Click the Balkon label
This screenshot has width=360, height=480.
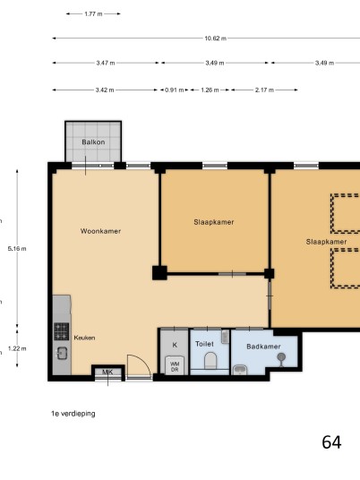[x=93, y=142]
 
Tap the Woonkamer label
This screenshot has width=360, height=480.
[x=100, y=231]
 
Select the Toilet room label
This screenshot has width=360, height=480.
[x=204, y=344]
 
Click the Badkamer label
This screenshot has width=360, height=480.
[x=263, y=347]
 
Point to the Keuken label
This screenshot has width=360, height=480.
[x=84, y=338]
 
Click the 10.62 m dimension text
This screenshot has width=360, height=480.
[x=216, y=39]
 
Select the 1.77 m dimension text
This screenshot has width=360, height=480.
[x=93, y=13]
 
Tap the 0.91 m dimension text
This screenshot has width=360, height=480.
[x=175, y=90]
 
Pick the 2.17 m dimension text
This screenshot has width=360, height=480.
[x=264, y=90]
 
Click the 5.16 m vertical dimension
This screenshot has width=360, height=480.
[x=17, y=249]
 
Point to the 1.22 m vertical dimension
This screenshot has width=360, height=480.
[x=17, y=348]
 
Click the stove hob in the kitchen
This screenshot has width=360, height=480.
[x=61, y=331]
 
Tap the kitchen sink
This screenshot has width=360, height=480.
[x=62, y=353]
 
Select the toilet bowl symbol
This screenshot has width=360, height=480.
[x=210, y=360]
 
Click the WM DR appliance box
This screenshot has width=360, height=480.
[x=175, y=365]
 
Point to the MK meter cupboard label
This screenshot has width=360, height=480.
[x=107, y=373]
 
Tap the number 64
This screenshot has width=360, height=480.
[x=331, y=442]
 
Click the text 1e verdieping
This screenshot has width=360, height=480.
[x=73, y=414]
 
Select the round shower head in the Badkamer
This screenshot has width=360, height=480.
[x=281, y=357]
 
